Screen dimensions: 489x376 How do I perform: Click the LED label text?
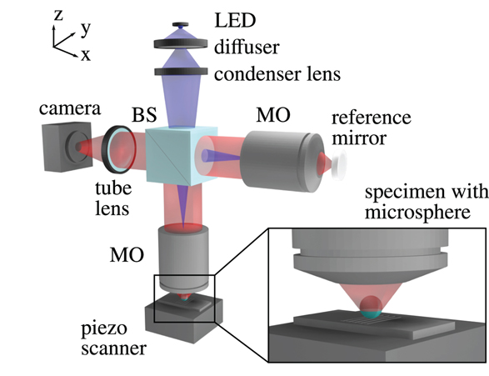click(235, 20)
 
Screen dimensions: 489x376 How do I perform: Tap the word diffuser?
click(247, 48)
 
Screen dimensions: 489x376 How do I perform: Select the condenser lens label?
click(277, 74)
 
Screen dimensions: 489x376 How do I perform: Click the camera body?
click(67, 147)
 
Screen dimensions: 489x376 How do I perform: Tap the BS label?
click(144, 114)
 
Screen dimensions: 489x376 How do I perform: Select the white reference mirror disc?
click(339, 164)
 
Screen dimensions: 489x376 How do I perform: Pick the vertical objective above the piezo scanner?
click(183, 258)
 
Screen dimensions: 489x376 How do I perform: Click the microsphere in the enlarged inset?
click(371, 307)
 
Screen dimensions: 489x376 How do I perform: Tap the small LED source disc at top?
click(180, 24)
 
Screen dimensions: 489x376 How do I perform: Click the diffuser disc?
click(181, 43)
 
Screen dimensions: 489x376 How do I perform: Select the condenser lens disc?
click(181, 72)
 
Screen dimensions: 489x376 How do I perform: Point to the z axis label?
click(58, 14)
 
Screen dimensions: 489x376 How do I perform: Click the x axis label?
click(86, 55)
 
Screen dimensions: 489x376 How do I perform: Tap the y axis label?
click(86, 29)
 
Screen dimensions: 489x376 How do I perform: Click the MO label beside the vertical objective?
click(127, 254)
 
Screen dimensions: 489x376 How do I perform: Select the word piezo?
click(104, 329)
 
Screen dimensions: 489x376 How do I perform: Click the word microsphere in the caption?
click(417, 213)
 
